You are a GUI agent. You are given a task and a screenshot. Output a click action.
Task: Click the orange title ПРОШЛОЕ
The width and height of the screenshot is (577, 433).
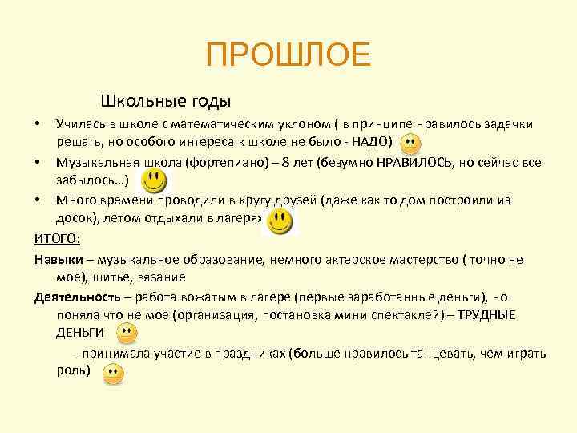(x=288, y=55)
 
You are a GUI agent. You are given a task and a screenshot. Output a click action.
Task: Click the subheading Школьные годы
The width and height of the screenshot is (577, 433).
(x=166, y=102)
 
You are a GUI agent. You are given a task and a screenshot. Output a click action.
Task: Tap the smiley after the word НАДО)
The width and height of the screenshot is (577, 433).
(x=410, y=145)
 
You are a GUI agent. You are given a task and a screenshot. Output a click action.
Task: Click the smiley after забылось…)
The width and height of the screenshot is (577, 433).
(x=155, y=181)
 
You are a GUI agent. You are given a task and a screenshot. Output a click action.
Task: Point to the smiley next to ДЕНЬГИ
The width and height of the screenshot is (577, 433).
(x=126, y=334)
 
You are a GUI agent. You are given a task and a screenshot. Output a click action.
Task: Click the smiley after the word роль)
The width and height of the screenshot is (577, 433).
(x=113, y=374)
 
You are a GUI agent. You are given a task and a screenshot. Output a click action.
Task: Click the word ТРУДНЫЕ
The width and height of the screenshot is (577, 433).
(x=487, y=314)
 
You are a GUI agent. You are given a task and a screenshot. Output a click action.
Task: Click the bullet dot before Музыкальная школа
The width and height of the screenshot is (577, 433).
(x=38, y=163)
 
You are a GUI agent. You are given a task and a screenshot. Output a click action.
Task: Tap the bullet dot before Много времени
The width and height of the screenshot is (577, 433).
(x=38, y=200)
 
